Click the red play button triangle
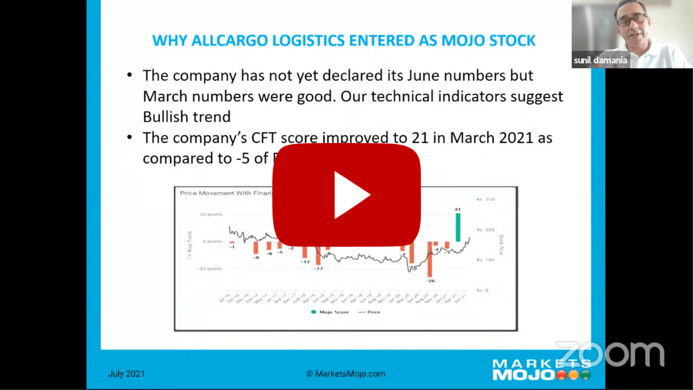pyautogui.click(x=351, y=195)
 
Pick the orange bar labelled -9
pyautogui.click(x=256, y=248)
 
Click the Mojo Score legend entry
pyautogui.click(x=330, y=312)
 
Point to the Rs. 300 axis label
pyautogui.click(x=486, y=199)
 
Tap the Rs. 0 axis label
pyautogui.click(x=482, y=290)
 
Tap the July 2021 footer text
pyautogui.click(x=126, y=374)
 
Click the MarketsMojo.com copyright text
pyautogui.click(x=346, y=374)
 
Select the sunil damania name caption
pyautogui.click(x=600, y=60)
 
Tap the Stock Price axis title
pyautogui.click(x=501, y=244)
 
